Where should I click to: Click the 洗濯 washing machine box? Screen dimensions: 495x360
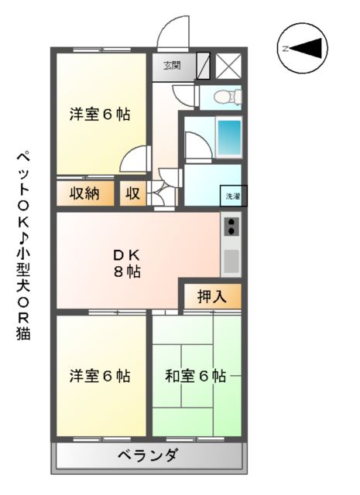pos(232,196)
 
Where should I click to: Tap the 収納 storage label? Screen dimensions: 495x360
pos(84,193)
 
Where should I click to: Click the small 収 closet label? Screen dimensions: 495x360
pos(132,193)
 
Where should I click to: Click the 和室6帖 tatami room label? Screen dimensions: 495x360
pos(195,377)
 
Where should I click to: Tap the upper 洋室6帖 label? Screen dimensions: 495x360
pos(99,115)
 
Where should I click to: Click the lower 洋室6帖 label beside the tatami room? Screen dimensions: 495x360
pos(99,377)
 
